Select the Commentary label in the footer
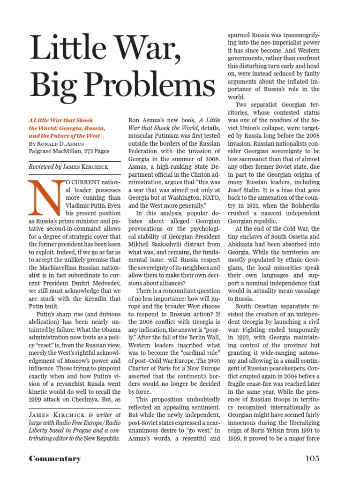55,458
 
